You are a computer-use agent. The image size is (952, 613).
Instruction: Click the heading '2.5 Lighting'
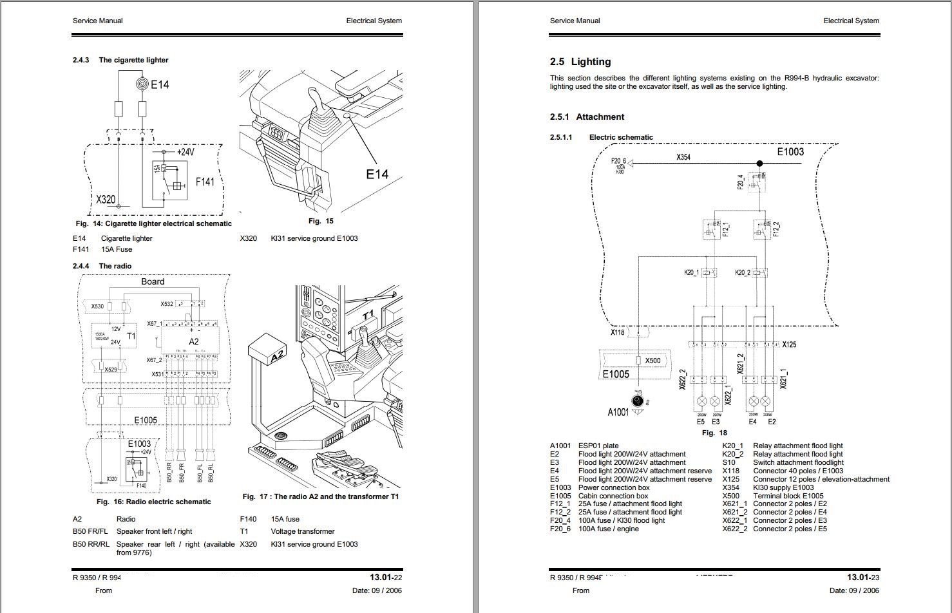(x=580, y=62)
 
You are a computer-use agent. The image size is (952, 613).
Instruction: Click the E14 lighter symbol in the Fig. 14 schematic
(x=142, y=84)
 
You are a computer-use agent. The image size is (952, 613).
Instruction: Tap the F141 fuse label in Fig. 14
(x=205, y=182)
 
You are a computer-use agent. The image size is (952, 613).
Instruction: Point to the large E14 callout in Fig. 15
(x=377, y=174)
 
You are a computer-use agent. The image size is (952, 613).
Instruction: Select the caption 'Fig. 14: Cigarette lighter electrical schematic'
(x=153, y=223)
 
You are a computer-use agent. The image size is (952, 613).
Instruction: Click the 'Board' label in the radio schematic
(x=153, y=281)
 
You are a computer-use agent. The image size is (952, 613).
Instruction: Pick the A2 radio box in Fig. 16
(x=193, y=341)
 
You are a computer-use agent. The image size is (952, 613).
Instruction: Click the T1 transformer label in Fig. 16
(x=131, y=336)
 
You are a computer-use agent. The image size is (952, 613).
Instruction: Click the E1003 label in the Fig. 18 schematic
(x=790, y=152)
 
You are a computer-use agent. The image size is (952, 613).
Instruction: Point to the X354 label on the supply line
(x=683, y=157)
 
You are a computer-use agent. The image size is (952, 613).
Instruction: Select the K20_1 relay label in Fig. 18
(x=691, y=273)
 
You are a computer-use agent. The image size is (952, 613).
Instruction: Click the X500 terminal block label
(x=652, y=361)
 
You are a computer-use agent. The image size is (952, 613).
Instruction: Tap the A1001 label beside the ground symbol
(x=618, y=412)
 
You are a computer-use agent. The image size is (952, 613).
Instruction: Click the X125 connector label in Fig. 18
(x=789, y=344)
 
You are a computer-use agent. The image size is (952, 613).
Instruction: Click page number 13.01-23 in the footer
(x=862, y=578)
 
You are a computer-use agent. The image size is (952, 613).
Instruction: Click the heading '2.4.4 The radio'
(x=102, y=266)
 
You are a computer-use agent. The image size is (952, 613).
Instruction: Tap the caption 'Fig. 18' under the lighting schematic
(x=714, y=433)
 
